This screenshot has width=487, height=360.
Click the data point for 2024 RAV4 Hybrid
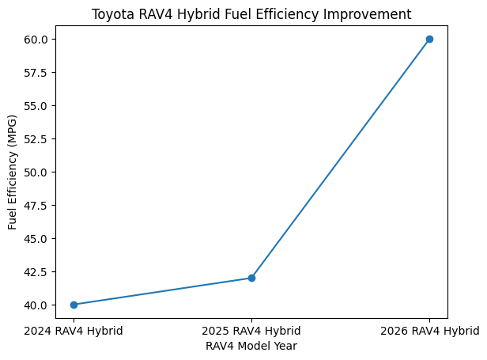pos(74,305)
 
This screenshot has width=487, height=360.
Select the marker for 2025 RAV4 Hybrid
pos(251,278)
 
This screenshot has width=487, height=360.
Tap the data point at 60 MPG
pos(429,39)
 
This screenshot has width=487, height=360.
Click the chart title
pos(251,14)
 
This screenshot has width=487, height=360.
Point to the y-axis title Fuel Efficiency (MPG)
pos(13,172)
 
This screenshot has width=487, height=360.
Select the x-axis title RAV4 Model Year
pos(251,346)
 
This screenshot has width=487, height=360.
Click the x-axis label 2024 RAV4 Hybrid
pos(74,331)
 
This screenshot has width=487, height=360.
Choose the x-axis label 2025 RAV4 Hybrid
pos(251,331)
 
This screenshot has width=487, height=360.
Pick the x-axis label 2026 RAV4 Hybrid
pos(429,331)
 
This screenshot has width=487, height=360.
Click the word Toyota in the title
pos(110,14)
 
